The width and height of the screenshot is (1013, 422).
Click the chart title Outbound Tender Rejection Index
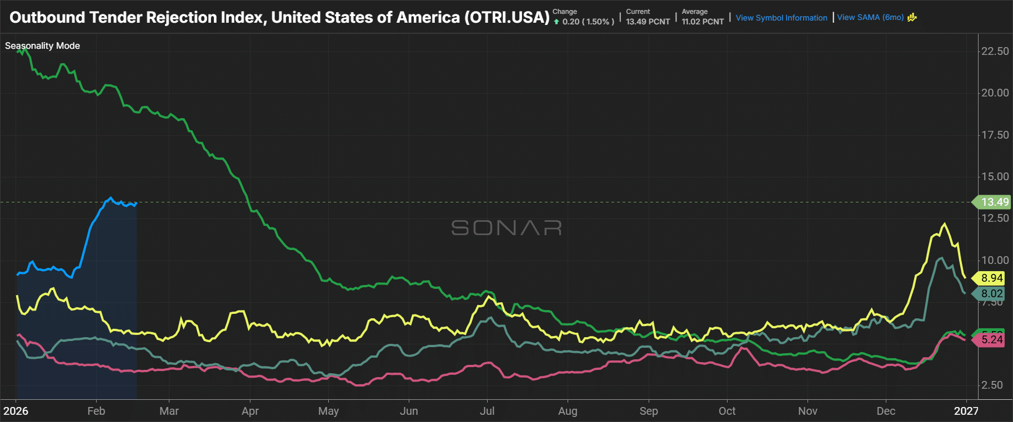click(279, 17)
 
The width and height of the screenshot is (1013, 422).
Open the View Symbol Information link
click(781, 18)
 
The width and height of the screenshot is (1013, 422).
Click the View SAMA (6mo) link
click(870, 17)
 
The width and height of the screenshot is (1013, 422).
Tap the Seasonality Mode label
click(42, 45)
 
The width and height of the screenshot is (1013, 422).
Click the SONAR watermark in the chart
click(506, 228)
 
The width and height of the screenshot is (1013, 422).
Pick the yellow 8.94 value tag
click(992, 278)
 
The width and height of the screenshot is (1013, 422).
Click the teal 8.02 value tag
click(992, 293)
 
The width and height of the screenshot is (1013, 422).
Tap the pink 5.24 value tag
click(992, 339)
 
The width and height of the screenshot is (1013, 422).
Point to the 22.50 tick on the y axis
click(995, 51)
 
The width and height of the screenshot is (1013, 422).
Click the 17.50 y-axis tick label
click(995, 135)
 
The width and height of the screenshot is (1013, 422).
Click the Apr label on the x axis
click(250, 411)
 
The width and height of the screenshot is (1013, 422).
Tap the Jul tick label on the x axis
click(487, 411)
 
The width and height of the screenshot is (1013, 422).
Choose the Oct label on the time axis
click(727, 411)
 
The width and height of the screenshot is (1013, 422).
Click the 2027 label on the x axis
click(966, 411)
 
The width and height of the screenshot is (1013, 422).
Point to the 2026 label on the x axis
click(16, 411)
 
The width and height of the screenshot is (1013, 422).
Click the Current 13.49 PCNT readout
click(648, 17)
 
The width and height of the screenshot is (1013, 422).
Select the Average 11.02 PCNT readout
click(703, 17)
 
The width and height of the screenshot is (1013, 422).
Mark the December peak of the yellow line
click(944, 224)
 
